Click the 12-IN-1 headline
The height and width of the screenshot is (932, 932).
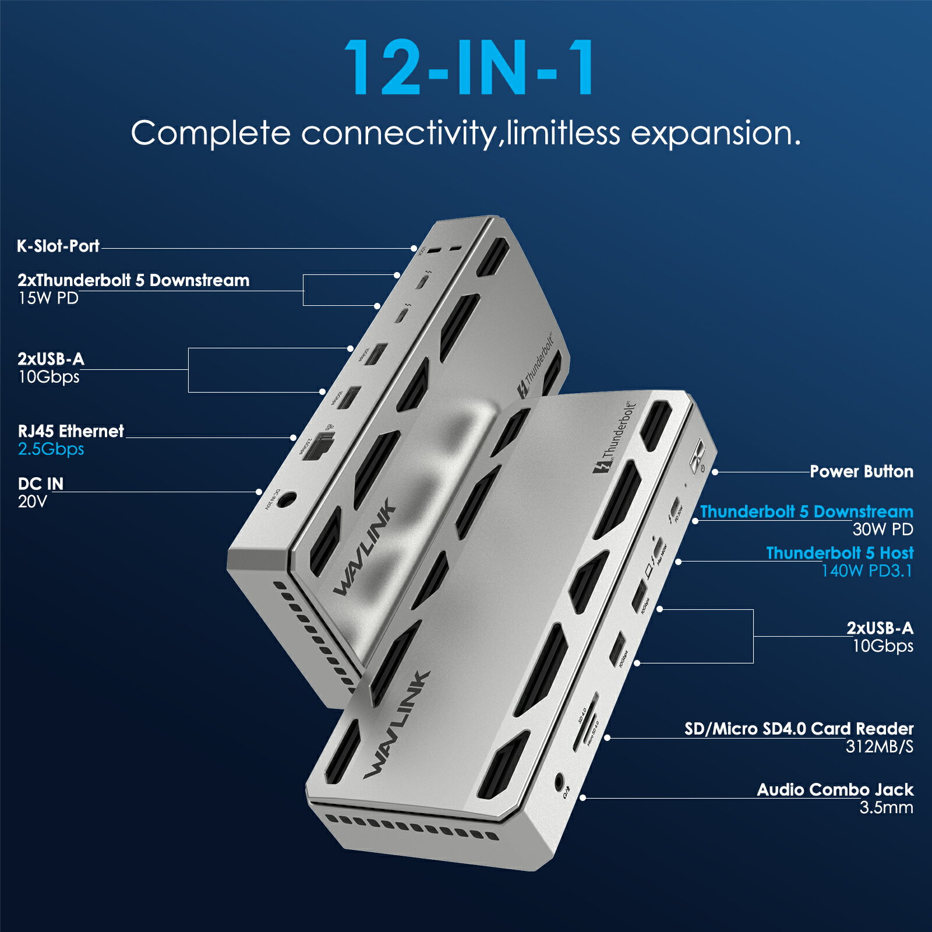coord(469,68)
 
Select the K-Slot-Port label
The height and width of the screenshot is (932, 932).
coord(58,246)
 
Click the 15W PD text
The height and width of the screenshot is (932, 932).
coord(48,298)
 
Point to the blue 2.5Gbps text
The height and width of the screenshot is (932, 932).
coord(51,449)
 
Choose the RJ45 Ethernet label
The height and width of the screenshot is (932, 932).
coord(71,431)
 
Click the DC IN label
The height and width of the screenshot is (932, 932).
coord(41,483)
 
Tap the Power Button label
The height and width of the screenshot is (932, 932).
coord(861,471)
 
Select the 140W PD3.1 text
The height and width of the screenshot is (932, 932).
coord(866,571)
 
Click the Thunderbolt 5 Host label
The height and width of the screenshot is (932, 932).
coord(839,553)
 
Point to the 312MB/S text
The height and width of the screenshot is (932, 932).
coord(879,747)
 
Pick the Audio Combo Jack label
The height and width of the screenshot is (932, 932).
coord(835,790)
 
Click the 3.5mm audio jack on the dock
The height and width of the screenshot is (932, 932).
coord(560,781)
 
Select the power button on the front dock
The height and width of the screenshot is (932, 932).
coord(697,456)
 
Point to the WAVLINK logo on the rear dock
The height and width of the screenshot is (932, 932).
coord(365,549)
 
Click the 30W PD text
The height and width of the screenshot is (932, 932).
coord(882,529)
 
